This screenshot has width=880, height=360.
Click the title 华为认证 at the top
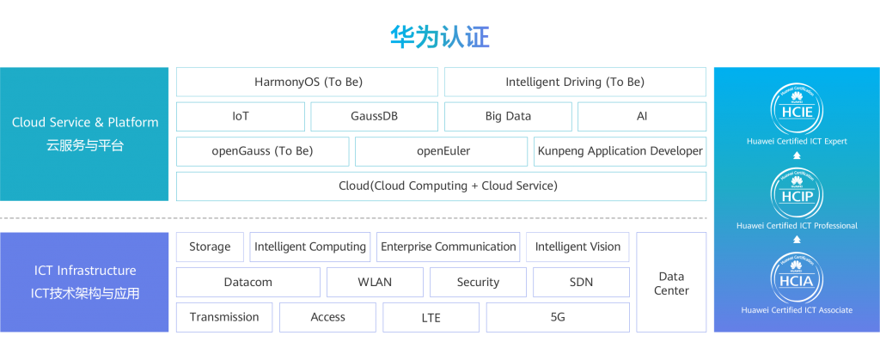[x=439, y=37]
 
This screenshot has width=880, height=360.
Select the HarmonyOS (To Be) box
[x=308, y=82]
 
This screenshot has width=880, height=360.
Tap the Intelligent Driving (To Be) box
[x=575, y=82]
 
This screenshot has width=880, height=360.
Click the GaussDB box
[x=374, y=116]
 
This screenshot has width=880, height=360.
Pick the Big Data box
[x=508, y=116]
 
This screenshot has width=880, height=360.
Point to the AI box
[x=642, y=116]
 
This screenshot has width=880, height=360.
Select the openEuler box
[x=442, y=151]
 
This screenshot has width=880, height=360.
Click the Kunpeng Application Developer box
[x=620, y=151]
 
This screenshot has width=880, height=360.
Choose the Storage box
[x=210, y=247]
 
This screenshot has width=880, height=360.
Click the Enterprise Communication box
[x=449, y=247]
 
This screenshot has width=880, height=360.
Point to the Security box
[x=478, y=282]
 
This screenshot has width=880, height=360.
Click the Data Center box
[x=671, y=283]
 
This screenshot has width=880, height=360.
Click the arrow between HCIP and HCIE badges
[x=797, y=156]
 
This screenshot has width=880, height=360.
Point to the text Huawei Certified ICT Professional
[x=797, y=226]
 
